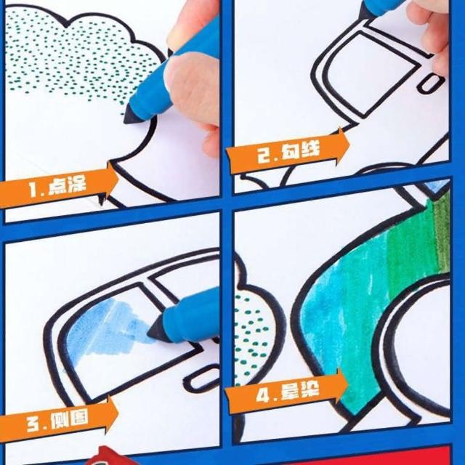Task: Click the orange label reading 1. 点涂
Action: (58, 186)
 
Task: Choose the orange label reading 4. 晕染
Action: (287, 392)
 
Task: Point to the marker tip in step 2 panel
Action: (366, 10)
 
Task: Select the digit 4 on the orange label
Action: (262, 395)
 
